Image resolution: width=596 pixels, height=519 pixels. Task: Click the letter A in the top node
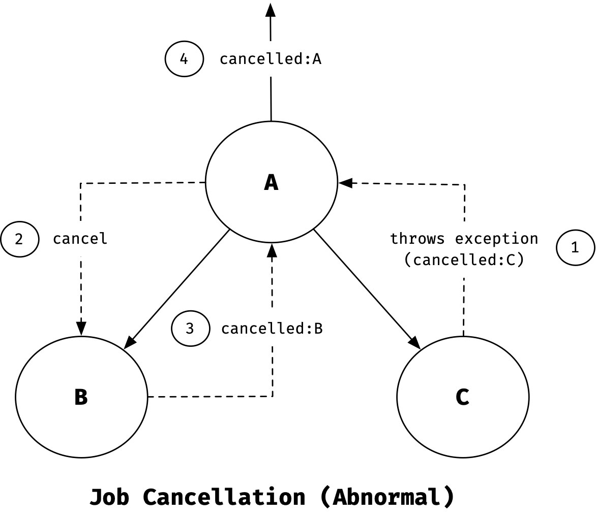coord(271,182)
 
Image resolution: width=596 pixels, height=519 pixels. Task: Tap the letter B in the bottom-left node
coord(81,397)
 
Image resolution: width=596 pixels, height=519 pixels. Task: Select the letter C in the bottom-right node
coord(462,397)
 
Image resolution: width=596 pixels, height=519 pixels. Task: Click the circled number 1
coord(575,247)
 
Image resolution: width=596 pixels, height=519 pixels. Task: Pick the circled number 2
coord(20,239)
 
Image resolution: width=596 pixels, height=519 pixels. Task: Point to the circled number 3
coord(190,329)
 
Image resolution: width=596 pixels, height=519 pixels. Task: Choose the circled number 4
coord(184,59)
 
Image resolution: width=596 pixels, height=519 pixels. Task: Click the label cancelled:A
coord(271,59)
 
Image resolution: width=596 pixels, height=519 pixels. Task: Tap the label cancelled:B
coord(272,329)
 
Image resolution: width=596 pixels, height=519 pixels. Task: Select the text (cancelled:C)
coord(464,260)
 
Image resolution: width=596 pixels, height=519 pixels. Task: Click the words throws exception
coord(464,239)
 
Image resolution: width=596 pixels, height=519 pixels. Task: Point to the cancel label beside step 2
coord(80,239)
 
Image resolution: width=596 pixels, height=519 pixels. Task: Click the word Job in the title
coord(109,497)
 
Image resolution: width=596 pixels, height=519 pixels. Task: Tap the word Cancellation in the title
coord(224,497)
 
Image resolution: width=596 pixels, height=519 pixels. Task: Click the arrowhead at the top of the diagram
coord(270,10)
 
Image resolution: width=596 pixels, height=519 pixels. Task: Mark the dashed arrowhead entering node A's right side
coord(345,183)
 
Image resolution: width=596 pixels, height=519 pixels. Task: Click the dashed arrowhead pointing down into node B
coord(81,329)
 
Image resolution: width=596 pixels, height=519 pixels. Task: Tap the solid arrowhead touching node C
coord(415,343)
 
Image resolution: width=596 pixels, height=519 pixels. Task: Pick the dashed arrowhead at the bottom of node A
coord(272,250)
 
